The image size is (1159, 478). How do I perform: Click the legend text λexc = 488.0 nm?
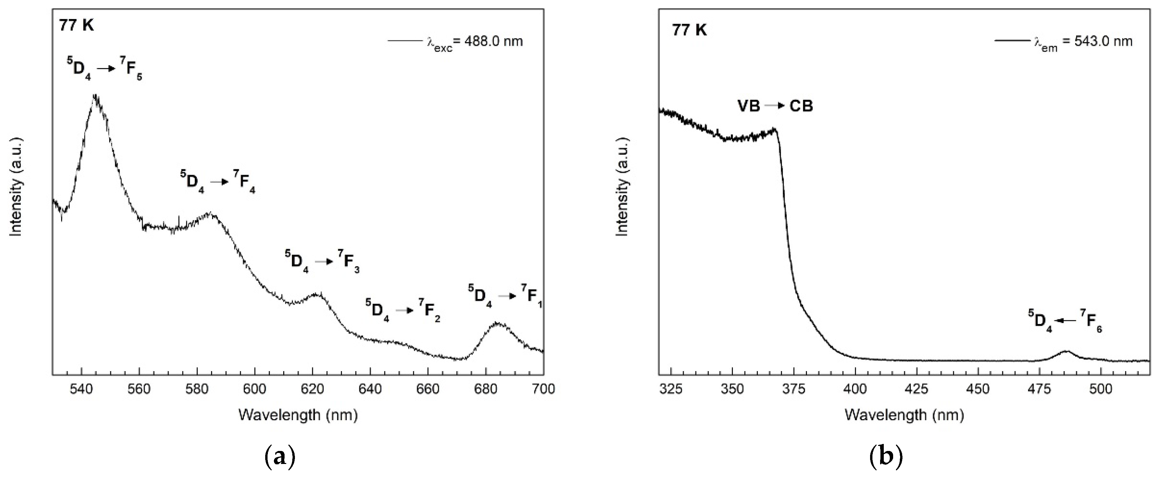[475, 42]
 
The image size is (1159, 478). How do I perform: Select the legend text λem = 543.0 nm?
[1082, 42]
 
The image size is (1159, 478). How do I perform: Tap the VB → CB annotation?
[775, 106]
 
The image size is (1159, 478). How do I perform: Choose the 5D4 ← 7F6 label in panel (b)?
[1065, 333]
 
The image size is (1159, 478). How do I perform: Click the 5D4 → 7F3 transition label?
[322, 262]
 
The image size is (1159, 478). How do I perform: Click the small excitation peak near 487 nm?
[1065, 351]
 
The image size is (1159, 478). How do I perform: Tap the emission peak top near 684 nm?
[497, 323]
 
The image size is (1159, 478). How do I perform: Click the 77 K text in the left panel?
[76, 26]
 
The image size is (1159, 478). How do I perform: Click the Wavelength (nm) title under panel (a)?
[298, 415]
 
